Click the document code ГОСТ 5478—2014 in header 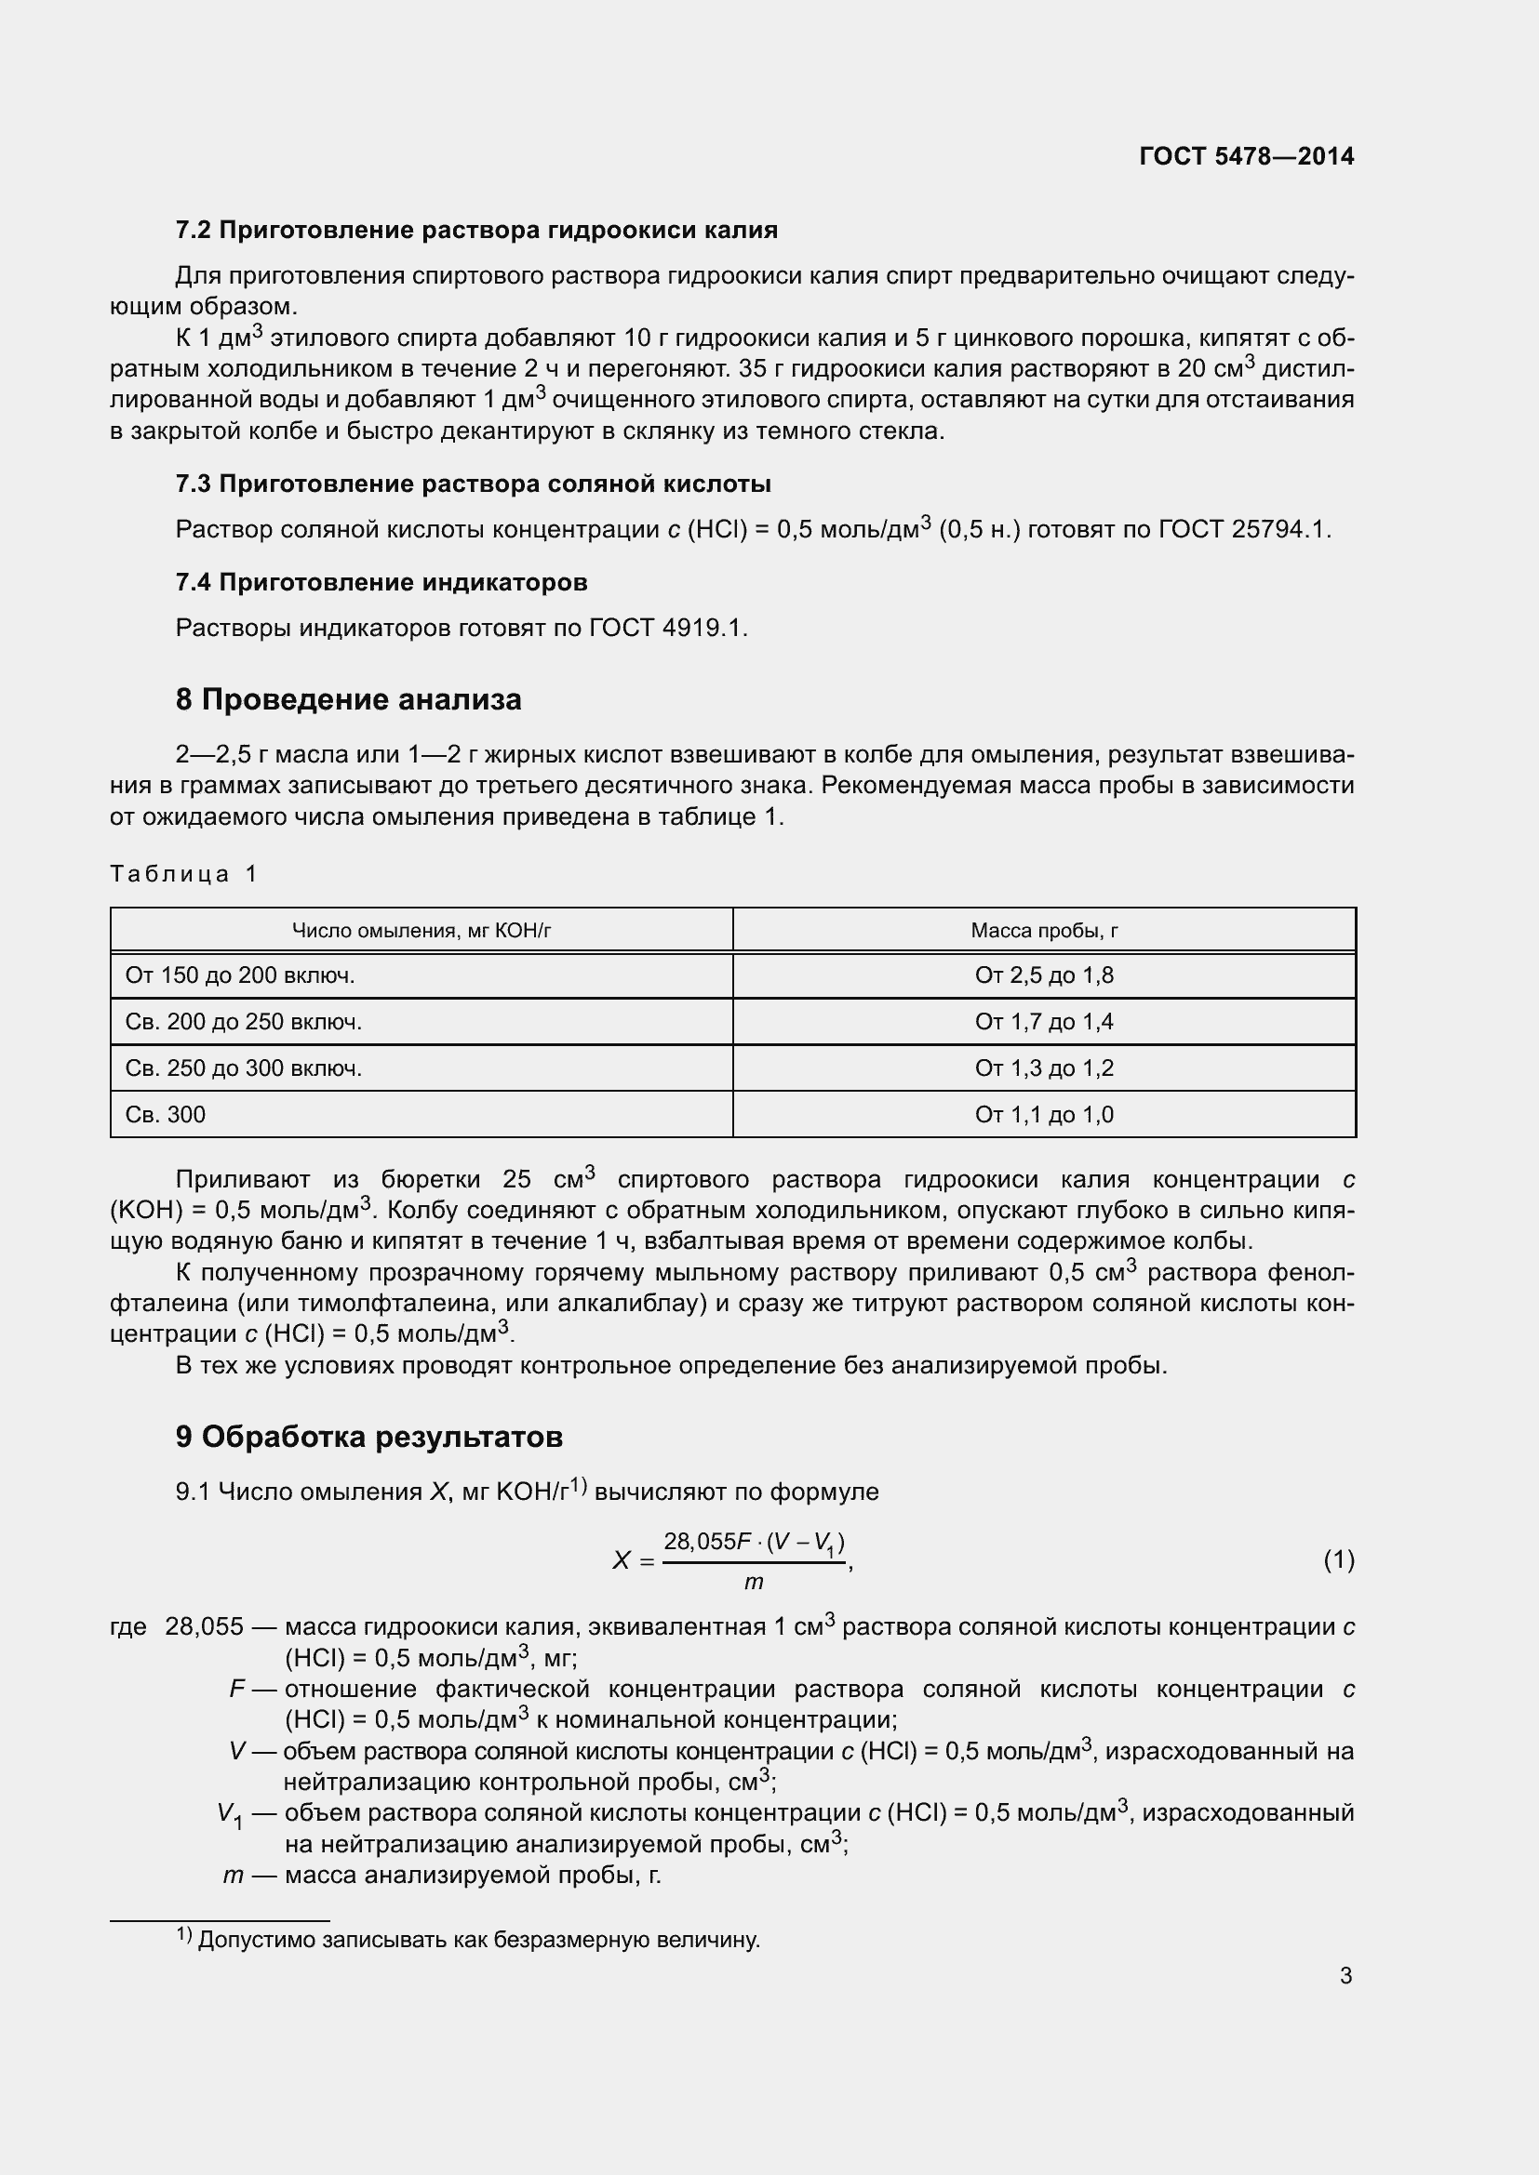click(x=1246, y=156)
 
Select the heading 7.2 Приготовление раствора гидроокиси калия click(x=476, y=231)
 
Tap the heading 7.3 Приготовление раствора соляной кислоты click(x=473, y=484)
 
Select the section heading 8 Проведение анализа click(x=348, y=700)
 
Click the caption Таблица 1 click(x=183, y=873)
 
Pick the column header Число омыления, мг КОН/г click(x=421, y=930)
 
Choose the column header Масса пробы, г click(x=1043, y=930)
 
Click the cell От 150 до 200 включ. click(x=240, y=975)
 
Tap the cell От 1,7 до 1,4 click(x=1043, y=1021)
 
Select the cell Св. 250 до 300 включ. click(x=244, y=1068)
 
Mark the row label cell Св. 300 click(x=165, y=1114)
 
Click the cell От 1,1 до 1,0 click(x=1043, y=1114)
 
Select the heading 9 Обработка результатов click(x=368, y=1437)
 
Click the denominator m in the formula click(x=754, y=1581)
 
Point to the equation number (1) click(x=1338, y=1559)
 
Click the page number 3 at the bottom click(x=1345, y=1975)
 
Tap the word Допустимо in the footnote click(x=257, y=1940)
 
